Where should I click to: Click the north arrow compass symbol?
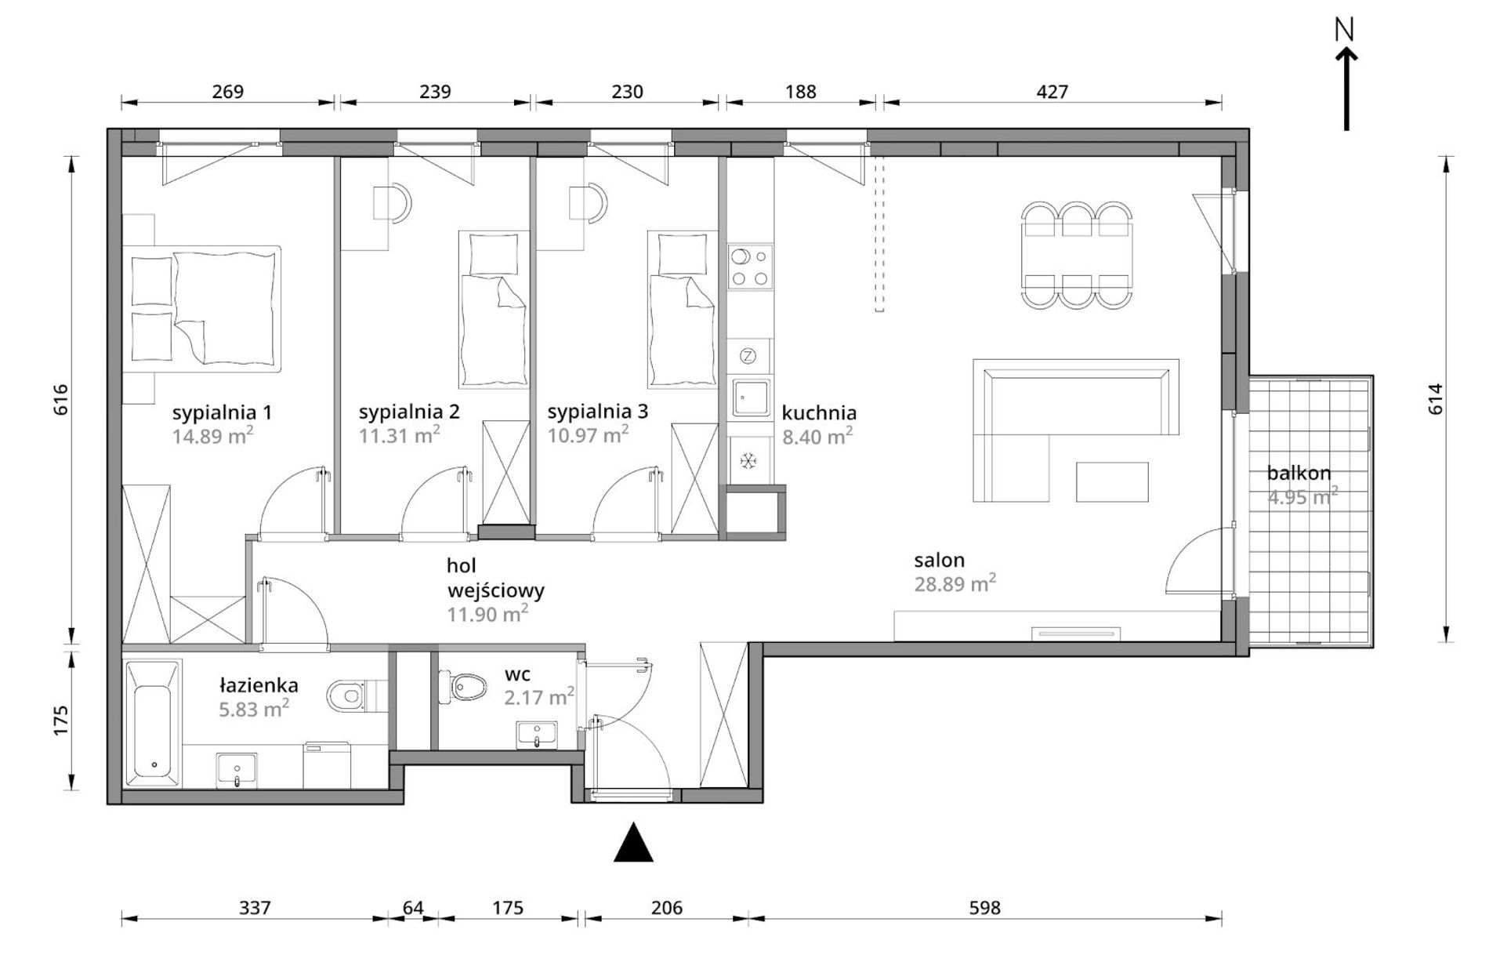click(1346, 74)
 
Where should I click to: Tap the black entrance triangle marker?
click(633, 843)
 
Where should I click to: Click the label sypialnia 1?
click(222, 412)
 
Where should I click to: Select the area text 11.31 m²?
click(399, 434)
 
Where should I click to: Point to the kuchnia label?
click(819, 412)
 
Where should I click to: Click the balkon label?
click(1299, 473)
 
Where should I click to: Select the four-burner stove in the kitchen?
click(750, 267)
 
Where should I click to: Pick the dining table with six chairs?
click(1077, 255)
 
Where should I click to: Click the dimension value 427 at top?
click(1052, 92)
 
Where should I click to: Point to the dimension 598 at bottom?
click(984, 907)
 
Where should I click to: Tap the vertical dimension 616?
click(62, 399)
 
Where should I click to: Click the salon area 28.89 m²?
click(955, 583)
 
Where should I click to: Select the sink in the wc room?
click(537, 735)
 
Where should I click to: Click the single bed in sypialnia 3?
click(682, 308)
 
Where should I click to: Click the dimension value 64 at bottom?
click(413, 907)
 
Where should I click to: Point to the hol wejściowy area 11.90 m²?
click(487, 614)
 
